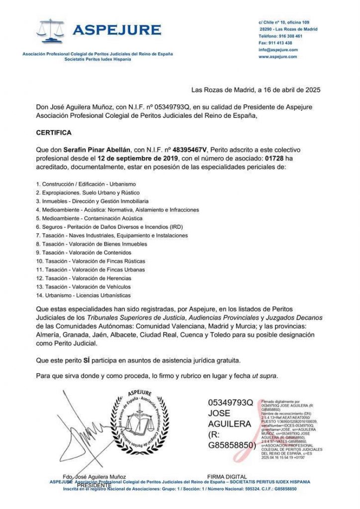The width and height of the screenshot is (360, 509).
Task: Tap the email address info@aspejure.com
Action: tap(278, 50)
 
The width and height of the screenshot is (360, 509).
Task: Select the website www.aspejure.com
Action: tap(277, 57)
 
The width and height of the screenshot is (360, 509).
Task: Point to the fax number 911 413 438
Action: tap(281, 43)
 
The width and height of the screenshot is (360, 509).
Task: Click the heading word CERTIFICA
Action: tap(54, 133)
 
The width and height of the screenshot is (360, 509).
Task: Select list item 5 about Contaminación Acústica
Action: tap(89, 218)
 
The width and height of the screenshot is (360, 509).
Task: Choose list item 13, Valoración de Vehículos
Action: tap(84, 287)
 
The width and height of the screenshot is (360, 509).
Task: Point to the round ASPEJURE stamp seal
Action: tap(140, 421)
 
